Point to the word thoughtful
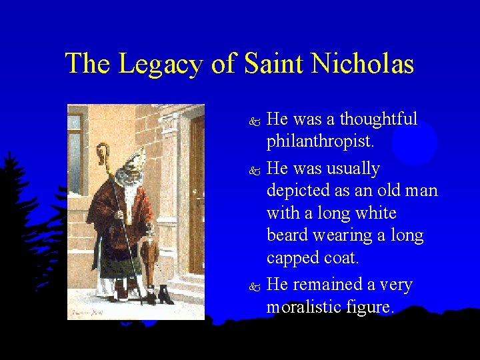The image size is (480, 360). coord(379,119)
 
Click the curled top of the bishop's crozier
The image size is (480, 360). coord(103,152)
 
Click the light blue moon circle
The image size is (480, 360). coord(415,143)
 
